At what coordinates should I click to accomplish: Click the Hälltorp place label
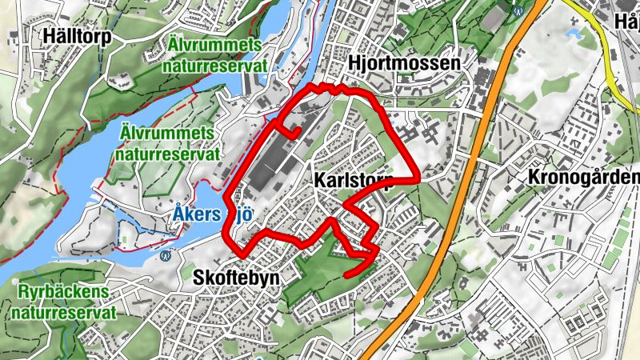pos(78,36)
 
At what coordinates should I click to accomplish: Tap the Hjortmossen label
pos(405,63)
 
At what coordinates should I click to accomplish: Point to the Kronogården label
pos(584,177)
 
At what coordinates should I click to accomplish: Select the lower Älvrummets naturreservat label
pos(166,142)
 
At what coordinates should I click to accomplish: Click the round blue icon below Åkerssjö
pos(166,257)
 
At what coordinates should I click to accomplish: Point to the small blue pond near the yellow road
pos(574,34)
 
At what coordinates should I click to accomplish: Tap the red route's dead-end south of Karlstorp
pos(346,275)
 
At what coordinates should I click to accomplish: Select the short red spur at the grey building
pos(289,130)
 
